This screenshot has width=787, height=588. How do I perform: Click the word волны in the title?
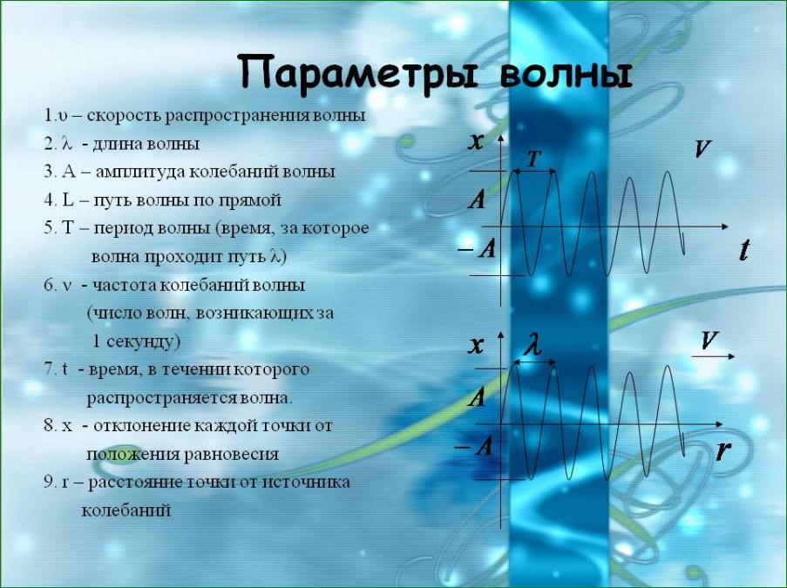coord(567,75)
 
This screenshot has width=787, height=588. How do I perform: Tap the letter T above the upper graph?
coord(534,159)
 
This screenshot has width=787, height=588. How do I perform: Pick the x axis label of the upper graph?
coord(475,141)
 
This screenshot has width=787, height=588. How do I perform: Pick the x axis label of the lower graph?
coord(475,345)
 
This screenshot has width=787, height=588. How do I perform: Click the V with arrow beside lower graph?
coord(712,345)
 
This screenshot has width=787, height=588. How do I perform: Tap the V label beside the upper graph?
coord(703,149)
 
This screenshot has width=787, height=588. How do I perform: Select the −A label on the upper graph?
coord(478,248)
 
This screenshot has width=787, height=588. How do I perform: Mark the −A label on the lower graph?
coord(474,446)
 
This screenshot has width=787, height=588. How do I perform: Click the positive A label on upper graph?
coord(477,199)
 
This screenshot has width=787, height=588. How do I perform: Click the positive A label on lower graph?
coord(477,397)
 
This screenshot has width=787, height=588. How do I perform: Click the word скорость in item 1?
coord(124,116)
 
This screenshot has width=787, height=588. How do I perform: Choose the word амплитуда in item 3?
coord(139,172)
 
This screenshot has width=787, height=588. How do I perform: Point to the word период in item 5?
coord(124,229)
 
